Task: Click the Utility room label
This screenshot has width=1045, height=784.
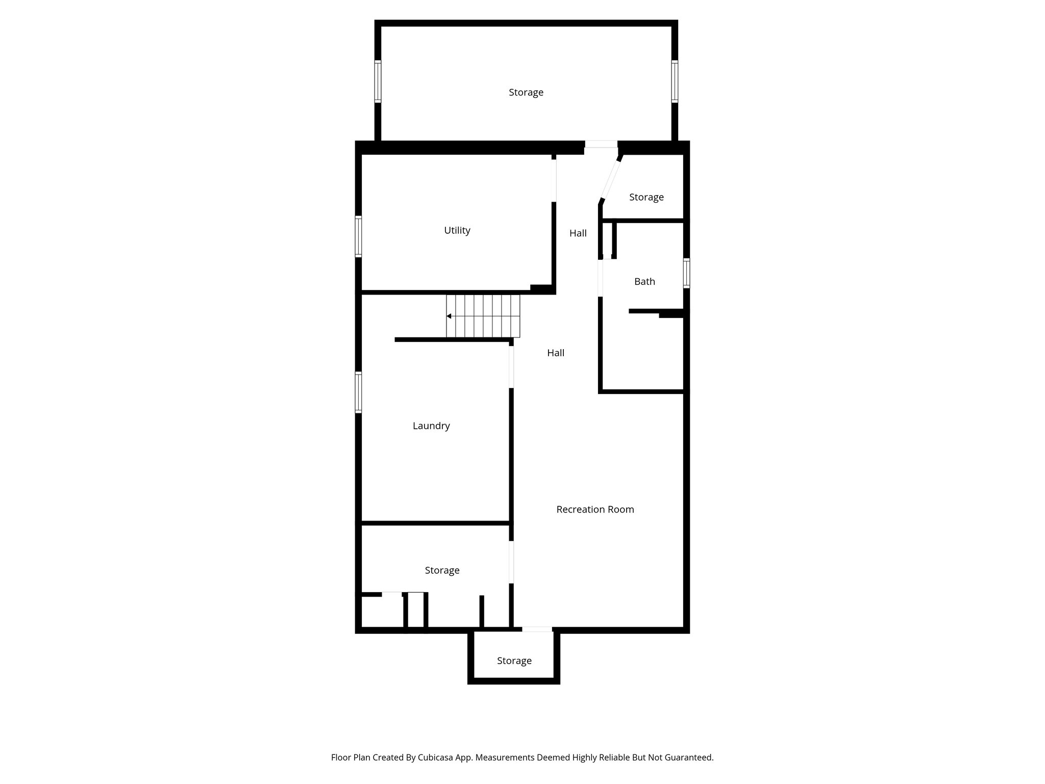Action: tap(457, 231)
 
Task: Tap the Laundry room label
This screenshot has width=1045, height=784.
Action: tap(431, 426)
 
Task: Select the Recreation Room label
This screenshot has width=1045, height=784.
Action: tap(595, 509)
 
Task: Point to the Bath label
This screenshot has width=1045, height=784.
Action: tap(644, 281)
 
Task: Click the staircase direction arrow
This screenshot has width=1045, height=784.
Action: tap(449, 316)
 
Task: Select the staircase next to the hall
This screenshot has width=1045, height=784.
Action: tap(483, 316)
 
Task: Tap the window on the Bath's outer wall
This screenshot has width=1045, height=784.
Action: tap(686, 273)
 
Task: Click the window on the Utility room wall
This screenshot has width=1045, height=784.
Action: tap(358, 236)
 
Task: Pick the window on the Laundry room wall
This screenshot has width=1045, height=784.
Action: tap(358, 392)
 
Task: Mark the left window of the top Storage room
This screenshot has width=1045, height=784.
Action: tap(378, 81)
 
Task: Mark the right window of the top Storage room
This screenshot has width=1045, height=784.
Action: tap(674, 81)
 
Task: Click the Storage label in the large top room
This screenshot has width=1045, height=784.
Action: tap(526, 92)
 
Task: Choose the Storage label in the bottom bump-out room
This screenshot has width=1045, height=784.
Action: tap(514, 661)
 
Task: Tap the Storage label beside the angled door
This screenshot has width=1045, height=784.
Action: tap(646, 197)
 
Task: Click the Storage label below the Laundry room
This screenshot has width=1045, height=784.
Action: tap(442, 570)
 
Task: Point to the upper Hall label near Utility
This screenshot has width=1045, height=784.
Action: tap(578, 233)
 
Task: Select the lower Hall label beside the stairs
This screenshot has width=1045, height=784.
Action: tap(555, 353)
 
